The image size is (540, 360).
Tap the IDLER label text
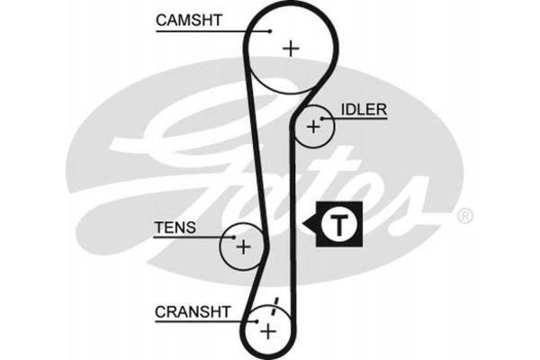coord(364,110)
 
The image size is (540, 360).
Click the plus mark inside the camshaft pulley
coord(290,48)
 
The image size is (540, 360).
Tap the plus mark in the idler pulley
coord(313,127)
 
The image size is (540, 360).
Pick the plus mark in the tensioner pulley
coord(242,244)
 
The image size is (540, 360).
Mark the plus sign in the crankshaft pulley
coord(268,330)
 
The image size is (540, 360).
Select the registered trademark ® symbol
coord(464,216)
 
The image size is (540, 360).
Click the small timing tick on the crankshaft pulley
coord(276,303)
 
